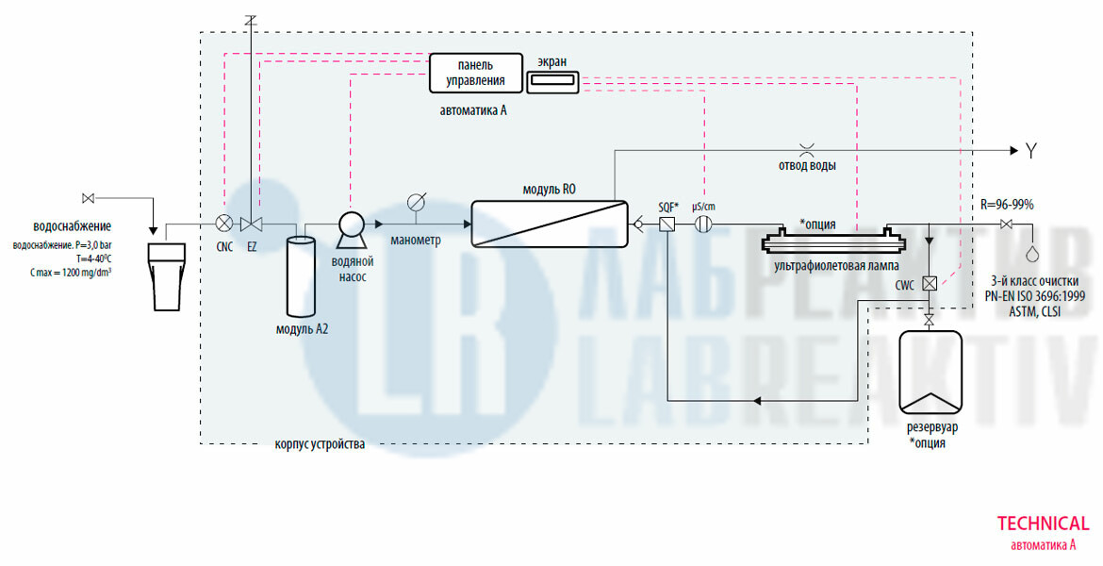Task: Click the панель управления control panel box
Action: click(x=475, y=73)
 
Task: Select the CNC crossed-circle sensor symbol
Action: click(x=224, y=224)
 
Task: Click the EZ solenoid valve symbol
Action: click(x=252, y=224)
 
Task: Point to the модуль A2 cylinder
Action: click(x=301, y=276)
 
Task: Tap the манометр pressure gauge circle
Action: click(x=416, y=203)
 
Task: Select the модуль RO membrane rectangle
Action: click(x=550, y=224)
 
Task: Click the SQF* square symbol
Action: click(x=667, y=225)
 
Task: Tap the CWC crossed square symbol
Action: click(x=930, y=283)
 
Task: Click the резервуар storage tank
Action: click(x=930, y=373)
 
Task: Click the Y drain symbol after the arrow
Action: click(x=1032, y=150)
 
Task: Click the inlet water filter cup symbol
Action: click(x=167, y=275)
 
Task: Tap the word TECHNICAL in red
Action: click(x=1043, y=524)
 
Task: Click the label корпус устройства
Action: click(x=320, y=443)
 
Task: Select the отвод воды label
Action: click(x=806, y=166)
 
